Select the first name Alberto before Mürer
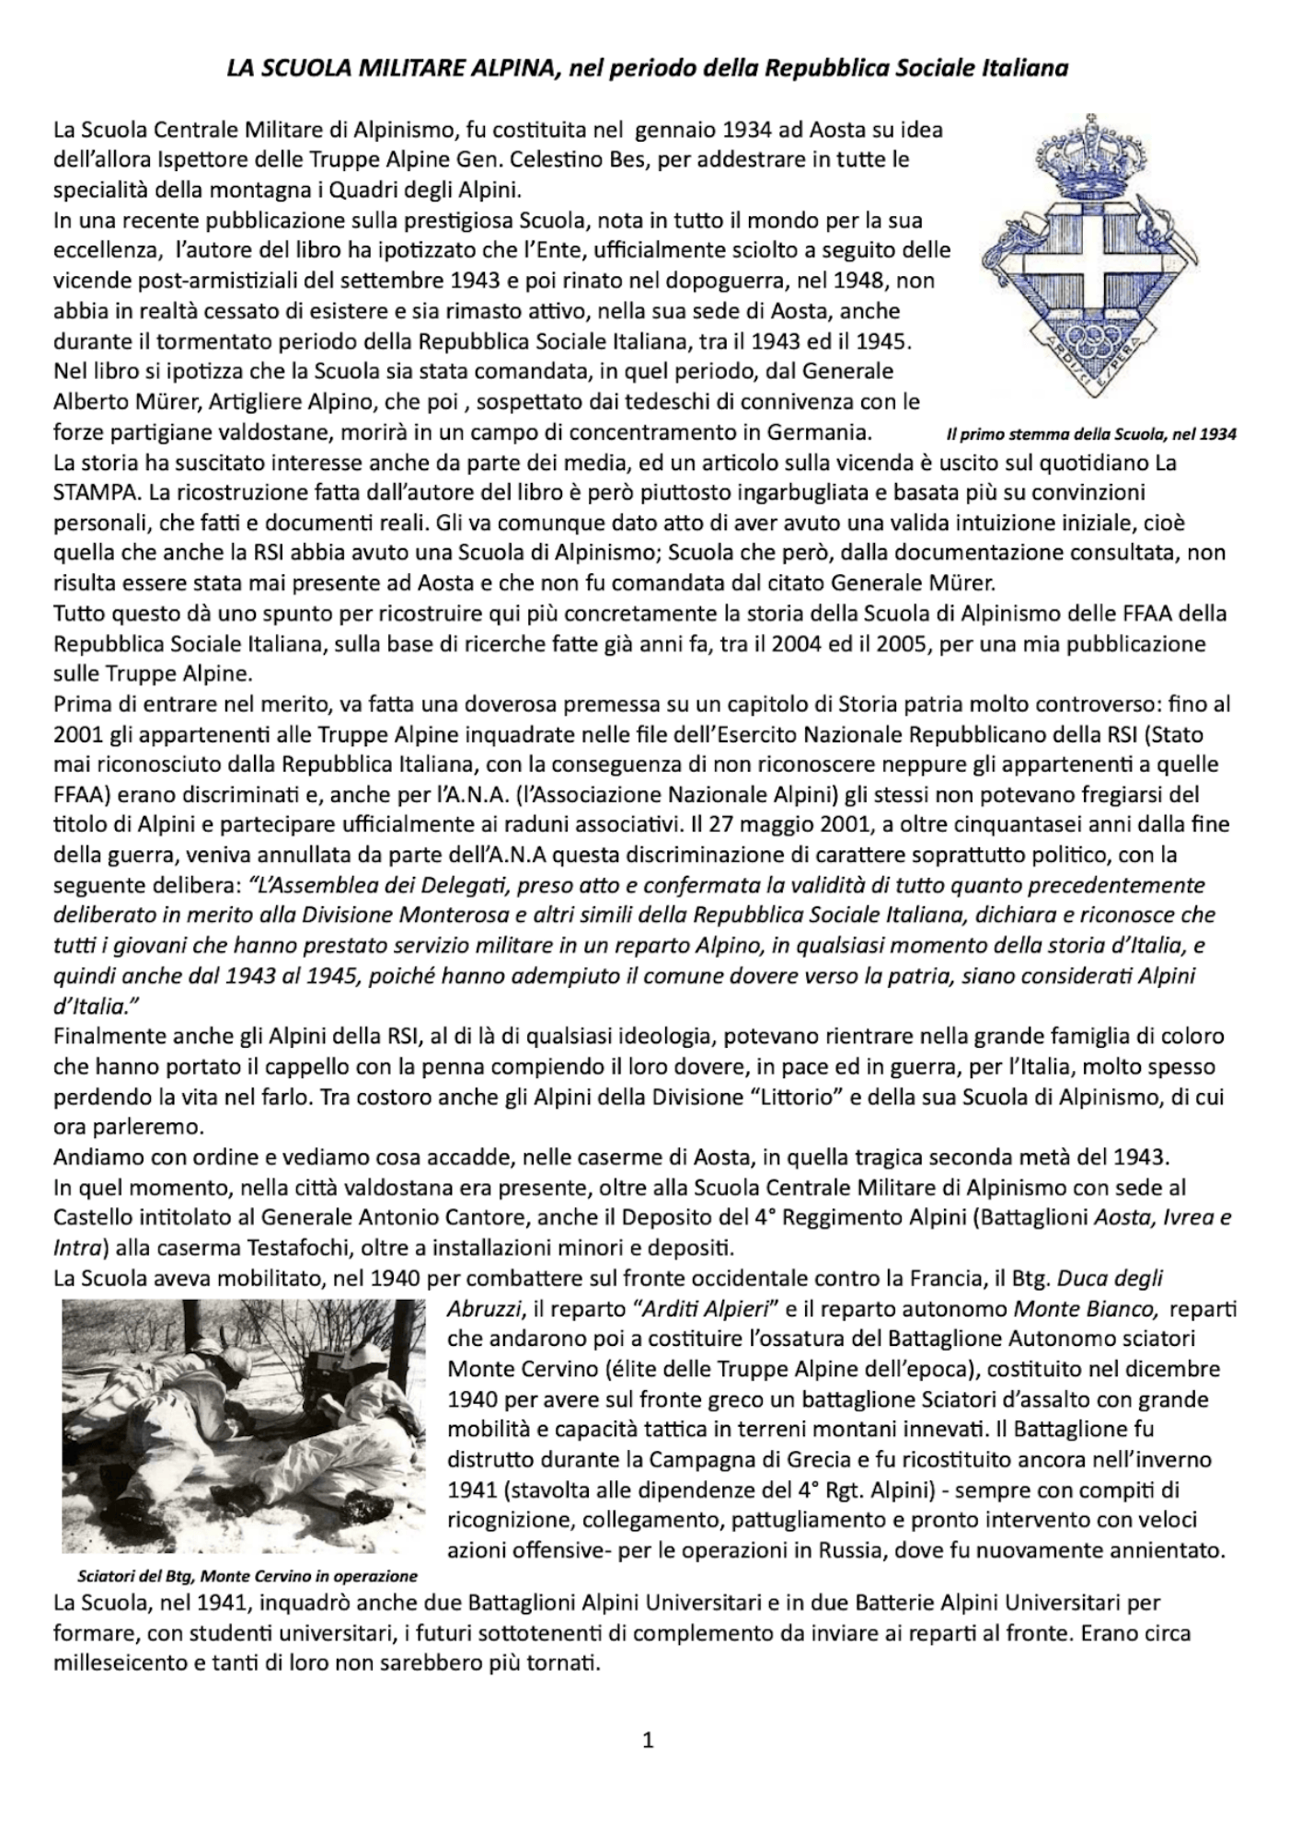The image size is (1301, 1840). tap(88, 401)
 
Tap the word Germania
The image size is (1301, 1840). tap(821, 432)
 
